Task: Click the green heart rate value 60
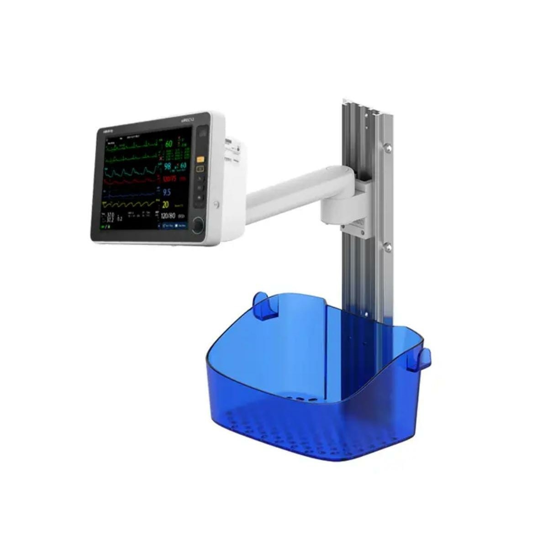(169, 144)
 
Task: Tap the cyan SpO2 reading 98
(167, 166)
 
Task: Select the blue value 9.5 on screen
(167, 192)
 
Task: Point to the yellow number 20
(166, 205)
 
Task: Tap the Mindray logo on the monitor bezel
(108, 130)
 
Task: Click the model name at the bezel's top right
(189, 119)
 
